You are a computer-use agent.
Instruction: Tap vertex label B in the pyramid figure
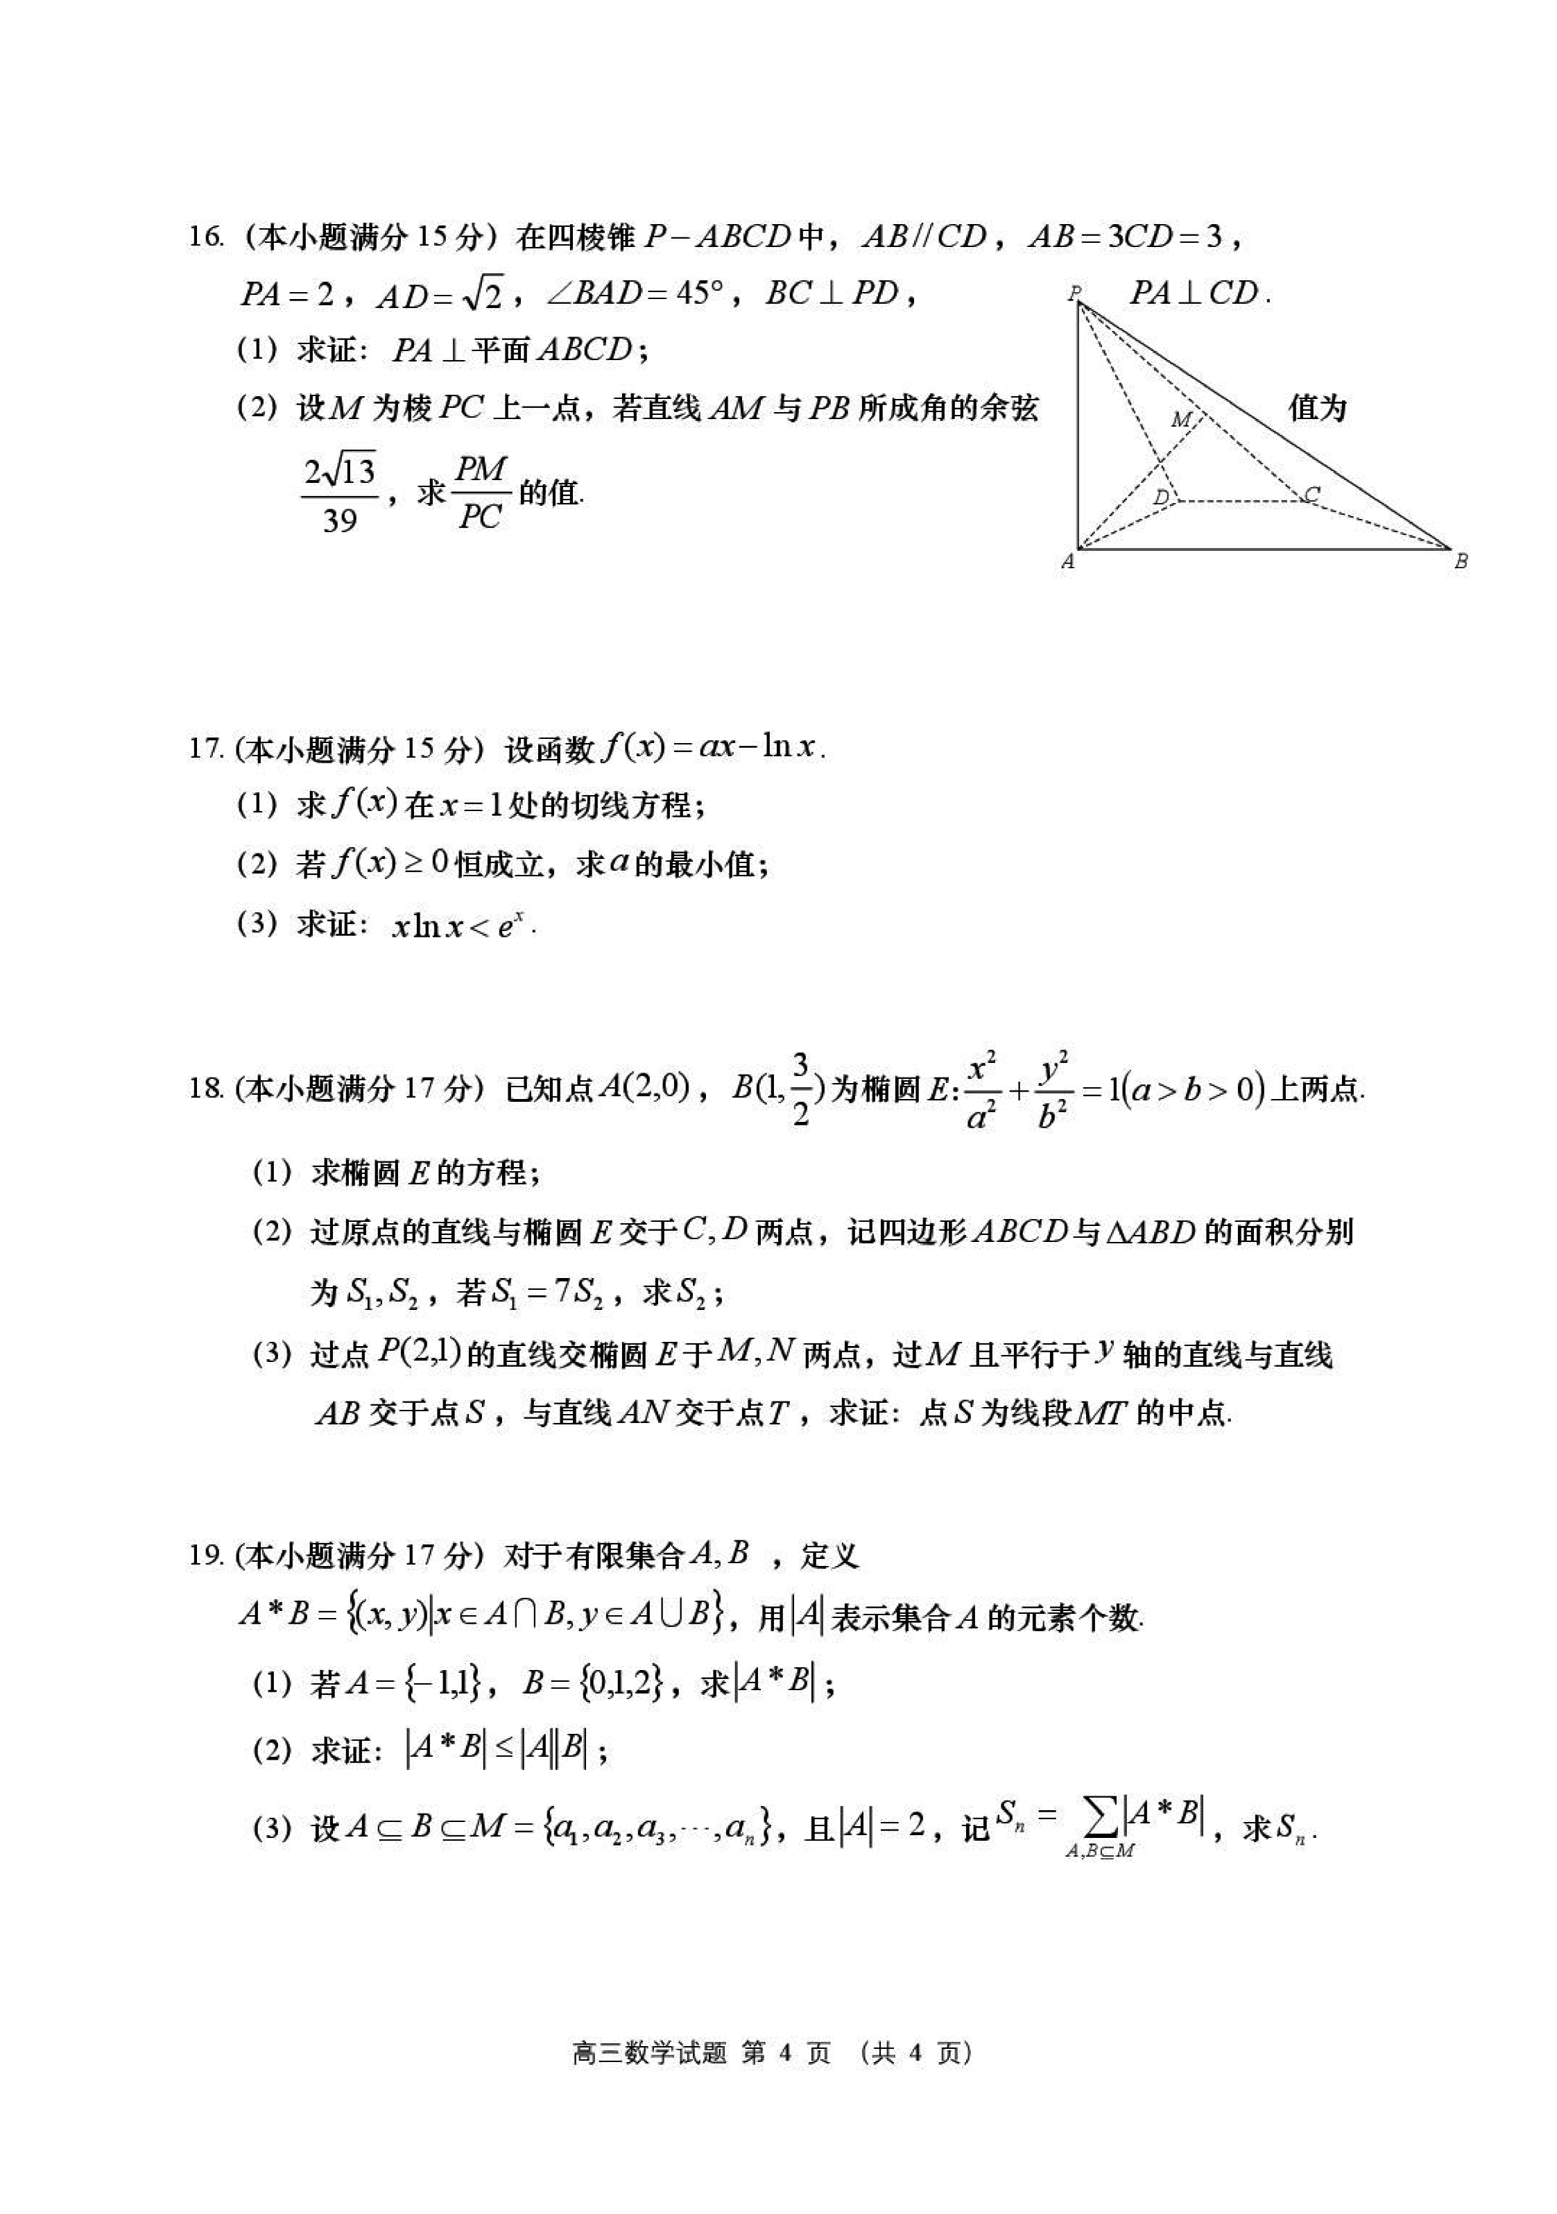[1461, 561]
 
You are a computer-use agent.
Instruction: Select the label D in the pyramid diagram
[1162, 497]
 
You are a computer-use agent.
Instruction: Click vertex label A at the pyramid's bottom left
[1067, 562]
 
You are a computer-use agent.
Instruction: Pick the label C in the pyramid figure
[1311, 494]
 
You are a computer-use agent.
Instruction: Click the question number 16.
[205, 237]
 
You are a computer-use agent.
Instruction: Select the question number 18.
[206, 1089]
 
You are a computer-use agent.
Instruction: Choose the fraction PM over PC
[480, 494]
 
